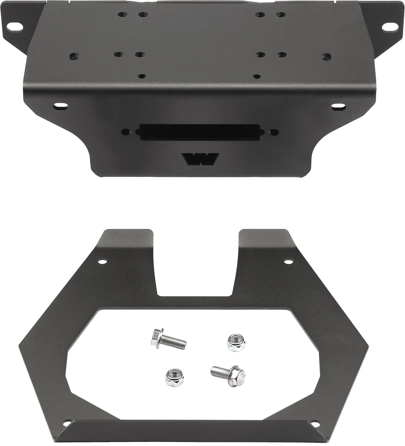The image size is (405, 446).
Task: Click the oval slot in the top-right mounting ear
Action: [x=388, y=27]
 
